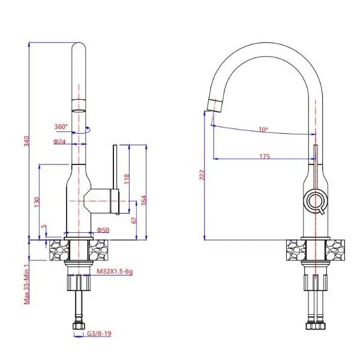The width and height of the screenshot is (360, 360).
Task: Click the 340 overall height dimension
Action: click(x=27, y=141)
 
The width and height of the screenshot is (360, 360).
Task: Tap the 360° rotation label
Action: click(x=61, y=127)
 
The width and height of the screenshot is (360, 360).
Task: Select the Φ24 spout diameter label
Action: click(x=59, y=142)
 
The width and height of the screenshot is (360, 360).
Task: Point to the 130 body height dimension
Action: click(x=37, y=202)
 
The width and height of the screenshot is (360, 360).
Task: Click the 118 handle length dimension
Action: click(x=127, y=179)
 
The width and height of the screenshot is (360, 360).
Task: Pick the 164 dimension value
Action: click(x=143, y=200)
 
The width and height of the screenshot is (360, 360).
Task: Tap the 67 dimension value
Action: click(x=134, y=220)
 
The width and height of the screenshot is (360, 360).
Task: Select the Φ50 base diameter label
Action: click(x=103, y=230)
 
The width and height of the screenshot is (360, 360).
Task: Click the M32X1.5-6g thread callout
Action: click(x=115, y=272)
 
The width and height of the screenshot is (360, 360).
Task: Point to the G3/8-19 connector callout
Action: click(x=99, y=334)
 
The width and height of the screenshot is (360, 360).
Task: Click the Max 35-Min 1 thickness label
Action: click(x=27, y=284)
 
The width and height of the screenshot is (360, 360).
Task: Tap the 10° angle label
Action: click(x=263, y=130)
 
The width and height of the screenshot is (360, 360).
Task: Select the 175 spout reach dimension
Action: click(x=265, y=157)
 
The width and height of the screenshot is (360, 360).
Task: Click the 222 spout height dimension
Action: click(x=202, y=175)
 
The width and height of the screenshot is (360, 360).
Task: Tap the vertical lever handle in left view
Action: click(x=115, y=167)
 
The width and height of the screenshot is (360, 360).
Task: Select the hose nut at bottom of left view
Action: click(x=79, y=326)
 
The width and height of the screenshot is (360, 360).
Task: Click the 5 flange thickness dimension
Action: click(x=44, y=227)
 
